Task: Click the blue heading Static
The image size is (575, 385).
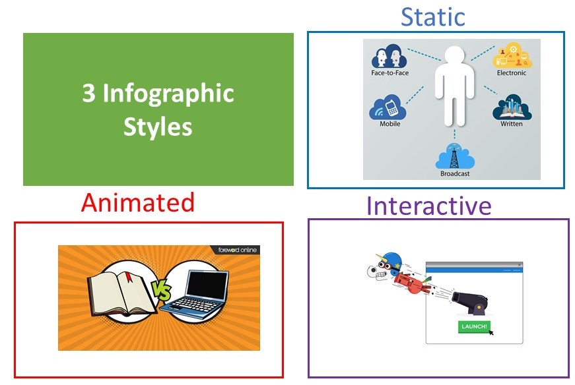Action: (432, 17)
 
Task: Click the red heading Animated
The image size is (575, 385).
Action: (137, 202)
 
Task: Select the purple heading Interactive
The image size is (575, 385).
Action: (428, 206)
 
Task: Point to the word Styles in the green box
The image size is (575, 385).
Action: (158, 127)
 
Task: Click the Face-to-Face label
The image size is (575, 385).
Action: (389, 73)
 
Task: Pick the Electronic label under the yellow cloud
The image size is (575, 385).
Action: (512, 73)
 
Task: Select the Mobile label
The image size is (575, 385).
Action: (389, 124)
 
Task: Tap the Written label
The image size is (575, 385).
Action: (512, 124)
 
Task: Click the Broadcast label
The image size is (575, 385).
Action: (455, 173)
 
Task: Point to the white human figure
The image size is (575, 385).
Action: (455, 87)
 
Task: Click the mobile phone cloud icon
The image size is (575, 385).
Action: (388, 107)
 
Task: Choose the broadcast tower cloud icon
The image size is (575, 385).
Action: (455, 156)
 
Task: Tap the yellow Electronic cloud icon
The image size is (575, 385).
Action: (512, 55)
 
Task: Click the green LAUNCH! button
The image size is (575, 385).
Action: (474, 326)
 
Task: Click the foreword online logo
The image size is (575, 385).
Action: (237, 250)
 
